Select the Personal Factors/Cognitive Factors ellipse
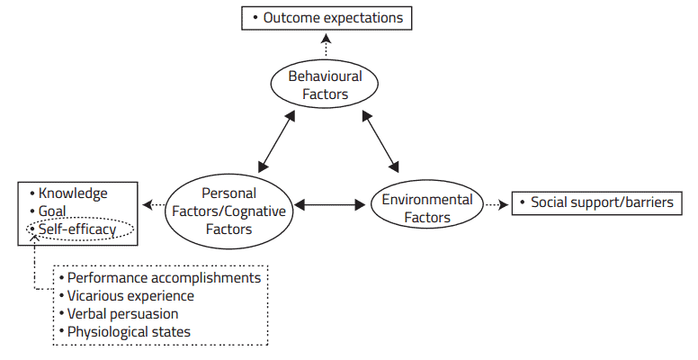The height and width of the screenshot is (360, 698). (228, 211)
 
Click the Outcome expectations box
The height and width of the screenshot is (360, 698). (327, 17)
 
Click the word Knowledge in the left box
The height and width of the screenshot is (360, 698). (73, 193)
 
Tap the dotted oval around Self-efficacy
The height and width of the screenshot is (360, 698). (79, 230)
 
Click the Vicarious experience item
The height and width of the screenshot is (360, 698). (130, 296)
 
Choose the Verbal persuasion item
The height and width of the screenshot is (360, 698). (122, 314)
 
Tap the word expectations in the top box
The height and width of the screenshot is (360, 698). (361, 17)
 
